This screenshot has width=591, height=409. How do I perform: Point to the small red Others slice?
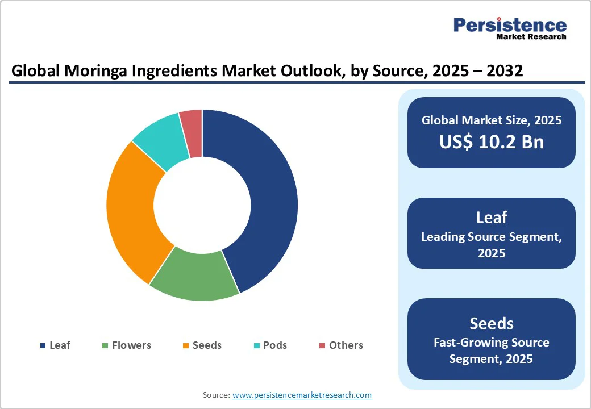(192, 125)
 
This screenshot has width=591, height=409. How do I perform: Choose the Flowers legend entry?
(126, 345)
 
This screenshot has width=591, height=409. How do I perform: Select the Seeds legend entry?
(202, 345)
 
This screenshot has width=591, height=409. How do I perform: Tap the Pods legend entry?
(270, 345)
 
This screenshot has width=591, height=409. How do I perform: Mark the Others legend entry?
(340, 345)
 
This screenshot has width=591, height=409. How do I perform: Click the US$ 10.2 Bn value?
(492, 142)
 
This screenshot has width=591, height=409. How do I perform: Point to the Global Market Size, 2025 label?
(492, 120)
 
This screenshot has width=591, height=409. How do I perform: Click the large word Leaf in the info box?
(492, 217)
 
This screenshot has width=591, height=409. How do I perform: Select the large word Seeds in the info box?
(492, 323)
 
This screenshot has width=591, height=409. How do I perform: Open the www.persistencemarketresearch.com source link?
(302, 395)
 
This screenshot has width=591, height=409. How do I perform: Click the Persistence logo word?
(510, 25)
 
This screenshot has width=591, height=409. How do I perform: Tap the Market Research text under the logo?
(531, 37)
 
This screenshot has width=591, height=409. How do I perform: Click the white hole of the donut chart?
(202, 206)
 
